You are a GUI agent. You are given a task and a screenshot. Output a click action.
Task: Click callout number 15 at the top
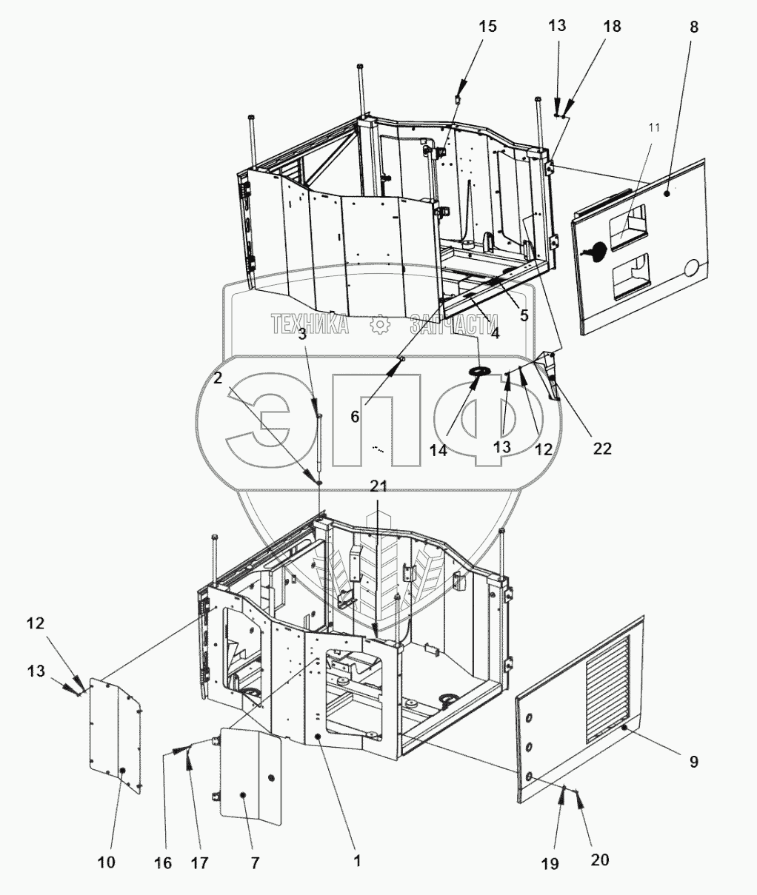[487, 27]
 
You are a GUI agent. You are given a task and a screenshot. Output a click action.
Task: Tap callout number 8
[693, 27]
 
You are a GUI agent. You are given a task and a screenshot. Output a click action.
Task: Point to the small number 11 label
[653, 128]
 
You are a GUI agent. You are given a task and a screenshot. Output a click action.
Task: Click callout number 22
[602, 448]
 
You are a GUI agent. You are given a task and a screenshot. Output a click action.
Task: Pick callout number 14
[439, 449]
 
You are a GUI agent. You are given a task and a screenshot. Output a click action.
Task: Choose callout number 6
[355, 416]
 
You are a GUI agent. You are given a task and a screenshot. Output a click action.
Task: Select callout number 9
[693, 761]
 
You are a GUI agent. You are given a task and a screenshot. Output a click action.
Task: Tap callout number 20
[600, 859]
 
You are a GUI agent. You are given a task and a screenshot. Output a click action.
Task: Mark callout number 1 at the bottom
[356, 861]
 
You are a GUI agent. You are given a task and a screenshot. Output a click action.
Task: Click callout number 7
[255, 862]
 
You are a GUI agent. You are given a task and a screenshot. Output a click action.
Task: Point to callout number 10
[106, 862]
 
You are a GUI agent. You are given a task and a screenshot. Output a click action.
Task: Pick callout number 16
[163, 862]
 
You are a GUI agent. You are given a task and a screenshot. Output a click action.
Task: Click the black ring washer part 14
[478, 369]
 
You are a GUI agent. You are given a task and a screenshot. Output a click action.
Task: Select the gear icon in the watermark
[378, 324]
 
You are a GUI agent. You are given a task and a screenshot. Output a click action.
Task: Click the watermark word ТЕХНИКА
[310, 324]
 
